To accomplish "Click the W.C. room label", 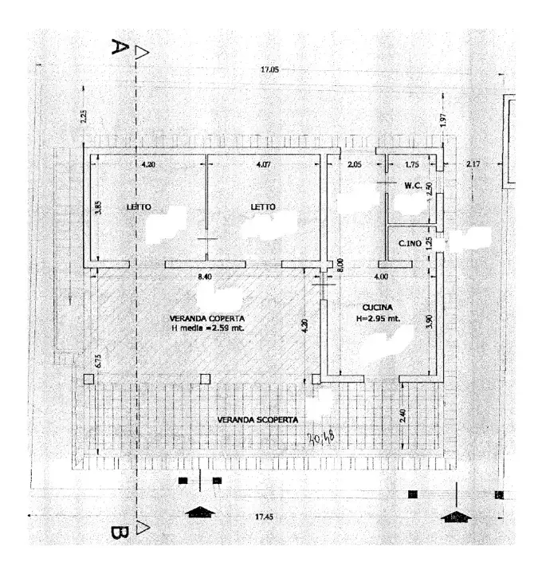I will point(413,186).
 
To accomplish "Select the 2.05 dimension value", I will point(355,165).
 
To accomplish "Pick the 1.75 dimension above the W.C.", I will point(412,165).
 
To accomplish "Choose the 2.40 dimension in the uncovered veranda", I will point(404,415).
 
